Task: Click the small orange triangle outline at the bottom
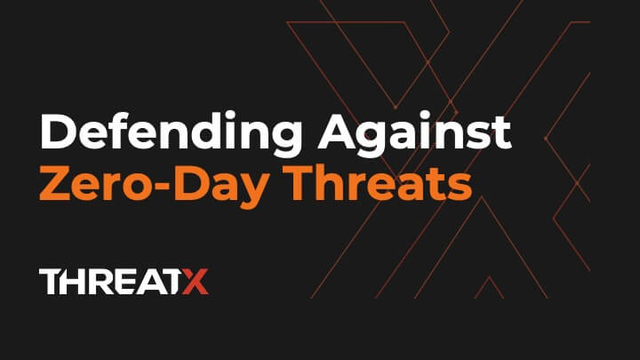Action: click(487, 289)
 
